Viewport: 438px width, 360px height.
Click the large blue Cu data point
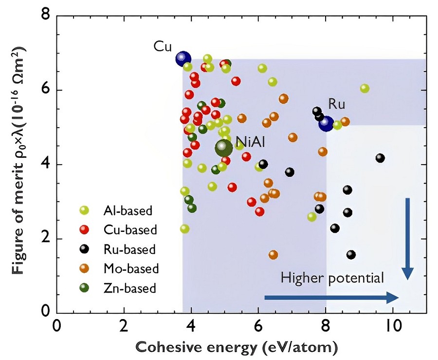click(183, 58)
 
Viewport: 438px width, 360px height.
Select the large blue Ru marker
click(326, 124)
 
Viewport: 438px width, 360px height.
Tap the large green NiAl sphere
click(224, 148)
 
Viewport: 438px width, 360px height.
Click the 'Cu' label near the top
click(163, 46)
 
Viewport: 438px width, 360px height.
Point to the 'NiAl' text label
click(250, 141)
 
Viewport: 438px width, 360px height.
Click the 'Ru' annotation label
click(337, 104)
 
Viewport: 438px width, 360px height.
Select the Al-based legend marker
click(84, 210)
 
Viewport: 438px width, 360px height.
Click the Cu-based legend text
click(130, 230)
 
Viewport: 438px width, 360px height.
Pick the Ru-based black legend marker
click(84, 249)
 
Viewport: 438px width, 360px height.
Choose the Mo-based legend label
click(131, 268)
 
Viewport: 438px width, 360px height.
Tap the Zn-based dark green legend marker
click(84, 287)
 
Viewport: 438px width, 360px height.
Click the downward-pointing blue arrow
click(407, 239)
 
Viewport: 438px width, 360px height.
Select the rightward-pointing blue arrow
click(331, 298)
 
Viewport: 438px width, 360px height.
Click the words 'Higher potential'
click(332, 278)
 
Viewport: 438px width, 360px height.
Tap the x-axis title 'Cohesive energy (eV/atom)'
click(237, 348)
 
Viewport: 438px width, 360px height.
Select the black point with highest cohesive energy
click(380, 158)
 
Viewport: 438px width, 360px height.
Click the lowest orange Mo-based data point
click(273, 255)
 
